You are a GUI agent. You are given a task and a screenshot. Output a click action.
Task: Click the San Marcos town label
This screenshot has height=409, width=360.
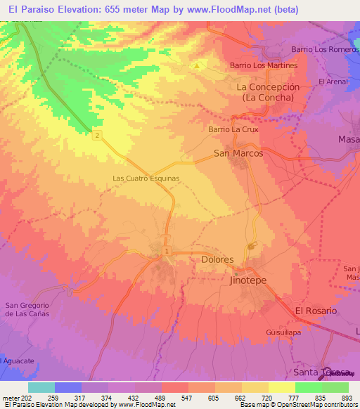point(238,153)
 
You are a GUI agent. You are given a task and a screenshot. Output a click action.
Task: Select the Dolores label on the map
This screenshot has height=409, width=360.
point(217,259)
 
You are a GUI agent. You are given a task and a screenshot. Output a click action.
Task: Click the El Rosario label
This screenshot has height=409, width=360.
point(316,311)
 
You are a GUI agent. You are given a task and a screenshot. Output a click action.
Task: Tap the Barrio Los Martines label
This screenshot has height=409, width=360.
point(264,65)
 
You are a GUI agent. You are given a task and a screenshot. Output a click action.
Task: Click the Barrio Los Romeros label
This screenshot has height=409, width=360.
point(324,50)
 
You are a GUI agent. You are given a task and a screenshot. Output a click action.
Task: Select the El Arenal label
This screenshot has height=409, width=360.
point(333,82)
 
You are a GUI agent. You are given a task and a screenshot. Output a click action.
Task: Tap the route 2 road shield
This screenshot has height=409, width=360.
point(97,136)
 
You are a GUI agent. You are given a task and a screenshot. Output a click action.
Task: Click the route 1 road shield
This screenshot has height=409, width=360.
point(166,251)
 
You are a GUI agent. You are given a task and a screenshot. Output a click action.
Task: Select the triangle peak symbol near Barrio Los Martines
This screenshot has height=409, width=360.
point(198,65)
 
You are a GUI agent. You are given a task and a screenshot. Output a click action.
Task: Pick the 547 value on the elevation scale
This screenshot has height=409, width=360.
point(186,398)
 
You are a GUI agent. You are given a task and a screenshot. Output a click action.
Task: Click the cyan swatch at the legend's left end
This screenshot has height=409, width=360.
point(41,387)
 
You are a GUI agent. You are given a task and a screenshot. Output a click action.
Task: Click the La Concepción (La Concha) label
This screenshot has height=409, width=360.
point(268,92)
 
